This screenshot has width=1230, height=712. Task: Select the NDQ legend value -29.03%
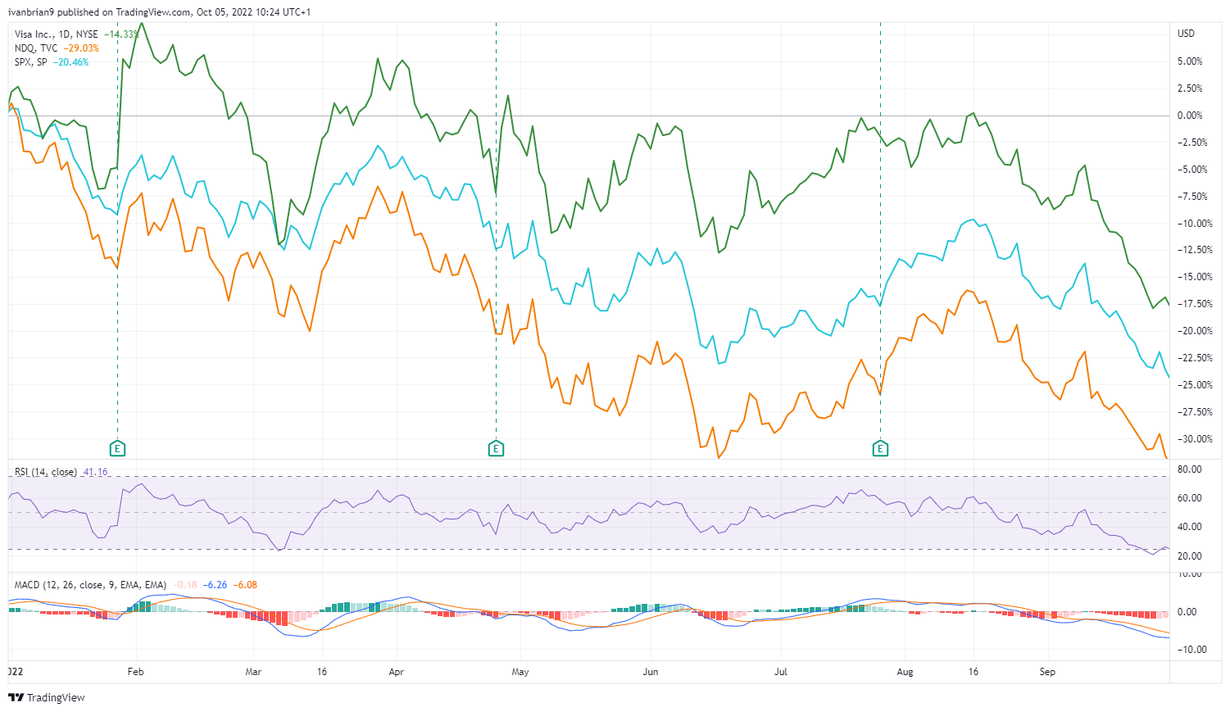(x=81, y=48)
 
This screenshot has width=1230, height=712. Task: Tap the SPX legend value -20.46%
(x=70, y=62)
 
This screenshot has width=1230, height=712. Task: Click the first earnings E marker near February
(x=118, y=448)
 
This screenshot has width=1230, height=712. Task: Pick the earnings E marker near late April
(x=496, y=448)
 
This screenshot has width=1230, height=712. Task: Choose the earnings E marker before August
(x=880, y=448)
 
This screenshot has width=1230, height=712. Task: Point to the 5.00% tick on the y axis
(x=1190, y=61)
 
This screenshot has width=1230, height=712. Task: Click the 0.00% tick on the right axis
(x=1190, y=116)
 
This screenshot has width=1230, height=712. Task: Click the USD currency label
(x=1186, y=34)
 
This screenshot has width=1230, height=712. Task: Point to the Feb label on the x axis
(x=135, y=672)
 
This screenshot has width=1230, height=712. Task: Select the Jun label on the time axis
(x=650, y=672)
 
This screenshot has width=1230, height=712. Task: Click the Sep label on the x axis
(x=1047, y=672)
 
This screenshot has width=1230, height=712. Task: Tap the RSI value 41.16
(x=95, y=473)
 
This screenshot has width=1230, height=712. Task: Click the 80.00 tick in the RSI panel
(x=1190, y=469)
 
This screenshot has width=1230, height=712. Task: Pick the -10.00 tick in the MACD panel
(x=1190, y=650)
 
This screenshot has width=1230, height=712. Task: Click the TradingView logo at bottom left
(x=47, y=697)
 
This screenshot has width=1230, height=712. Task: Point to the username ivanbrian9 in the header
(x=30, y=12)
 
